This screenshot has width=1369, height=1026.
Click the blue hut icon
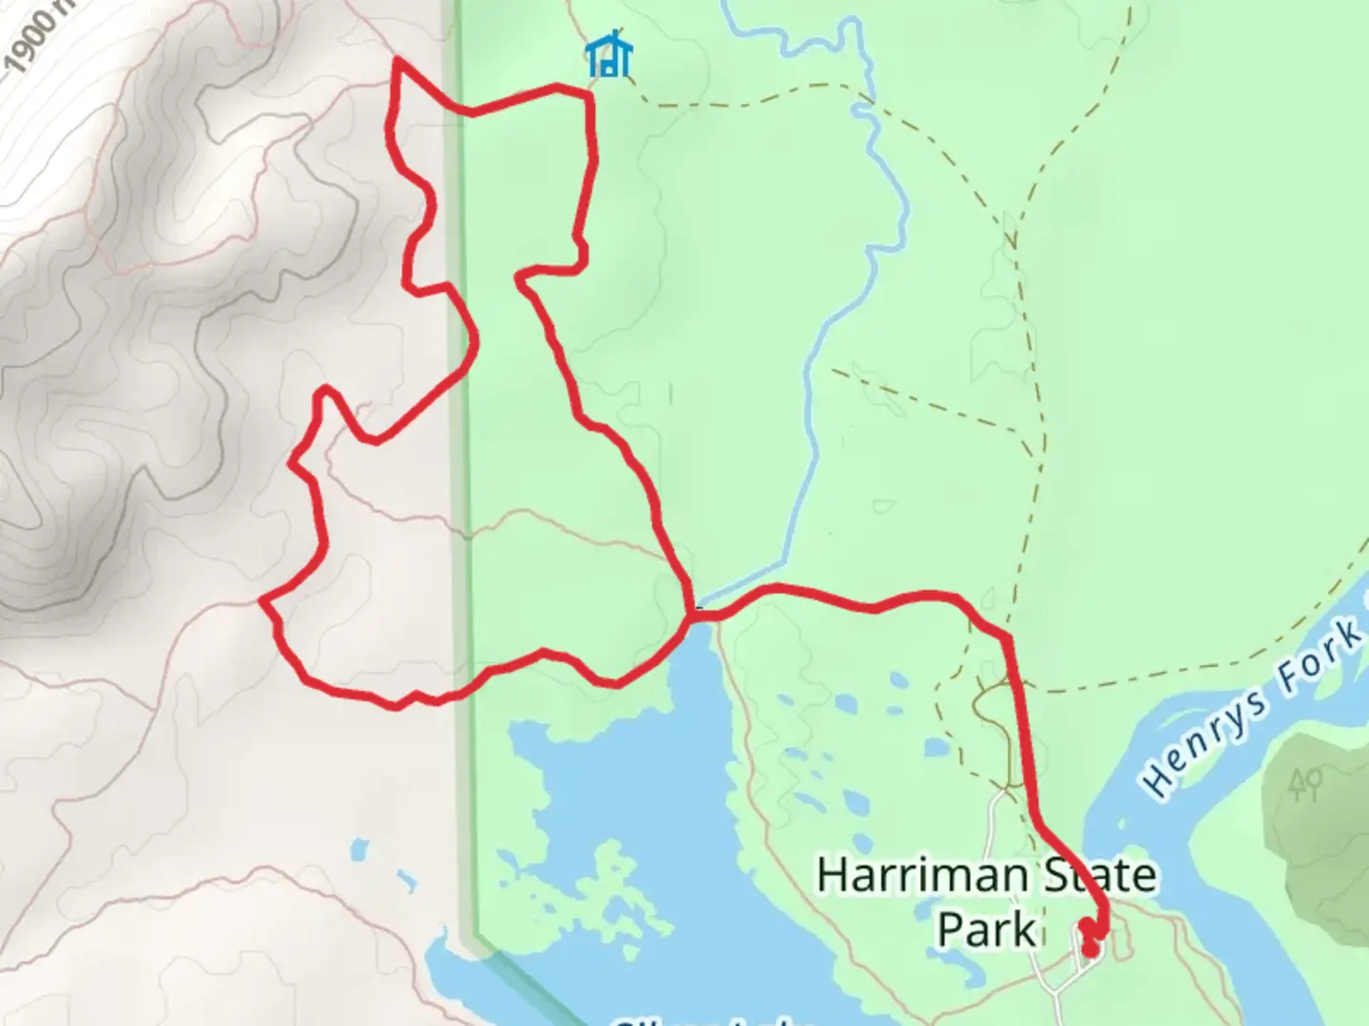[x=609, y=56]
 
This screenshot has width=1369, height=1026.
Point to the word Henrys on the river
[x=1204, y=746]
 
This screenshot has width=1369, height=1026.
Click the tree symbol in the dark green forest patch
[x=1305, y=785]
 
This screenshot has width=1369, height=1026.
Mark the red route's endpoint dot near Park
[x=1090, y=949]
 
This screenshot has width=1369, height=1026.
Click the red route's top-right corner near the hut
[x=588, y=93]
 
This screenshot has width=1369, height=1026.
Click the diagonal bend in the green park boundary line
[x=475, y=936]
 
